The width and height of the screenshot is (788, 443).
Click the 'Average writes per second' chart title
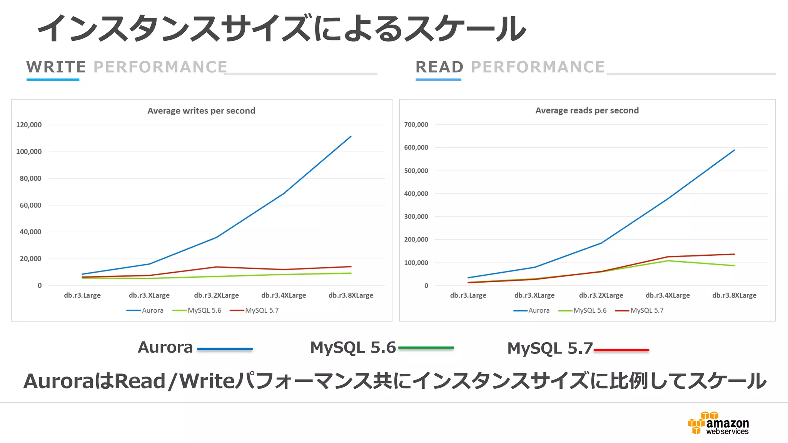coord(201,111)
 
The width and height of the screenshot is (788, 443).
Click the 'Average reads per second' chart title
coord(587,110)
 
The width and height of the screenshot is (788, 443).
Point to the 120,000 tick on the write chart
coord(29,125)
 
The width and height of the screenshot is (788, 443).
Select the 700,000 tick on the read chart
coord(416,125)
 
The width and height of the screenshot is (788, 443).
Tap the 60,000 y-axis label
coord(30,205)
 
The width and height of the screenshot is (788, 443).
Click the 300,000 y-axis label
coord(416,217)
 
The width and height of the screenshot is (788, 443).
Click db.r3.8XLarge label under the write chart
coord(351,295)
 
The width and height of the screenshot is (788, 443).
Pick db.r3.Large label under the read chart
coord(468,295)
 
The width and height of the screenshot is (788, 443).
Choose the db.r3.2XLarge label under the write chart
coord(216,295)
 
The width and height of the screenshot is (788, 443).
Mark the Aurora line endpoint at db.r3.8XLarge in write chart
coord(351,137)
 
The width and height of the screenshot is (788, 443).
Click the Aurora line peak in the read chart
coord(734,150)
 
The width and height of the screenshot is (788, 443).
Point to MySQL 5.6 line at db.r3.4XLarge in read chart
coord(668,261)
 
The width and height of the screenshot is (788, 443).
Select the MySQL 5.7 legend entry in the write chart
coord(254,310)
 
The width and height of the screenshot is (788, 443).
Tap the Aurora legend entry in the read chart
coord(531,310)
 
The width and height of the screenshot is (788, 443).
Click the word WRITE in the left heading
coord(56,67)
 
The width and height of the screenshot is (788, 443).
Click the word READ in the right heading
coord(439,67)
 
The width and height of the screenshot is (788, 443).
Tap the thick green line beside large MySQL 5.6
coord(426,348)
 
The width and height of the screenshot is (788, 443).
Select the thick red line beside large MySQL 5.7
coord(621,350)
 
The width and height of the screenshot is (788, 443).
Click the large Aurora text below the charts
coord(165,347)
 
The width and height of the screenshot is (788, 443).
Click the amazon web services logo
coord(718,423)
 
